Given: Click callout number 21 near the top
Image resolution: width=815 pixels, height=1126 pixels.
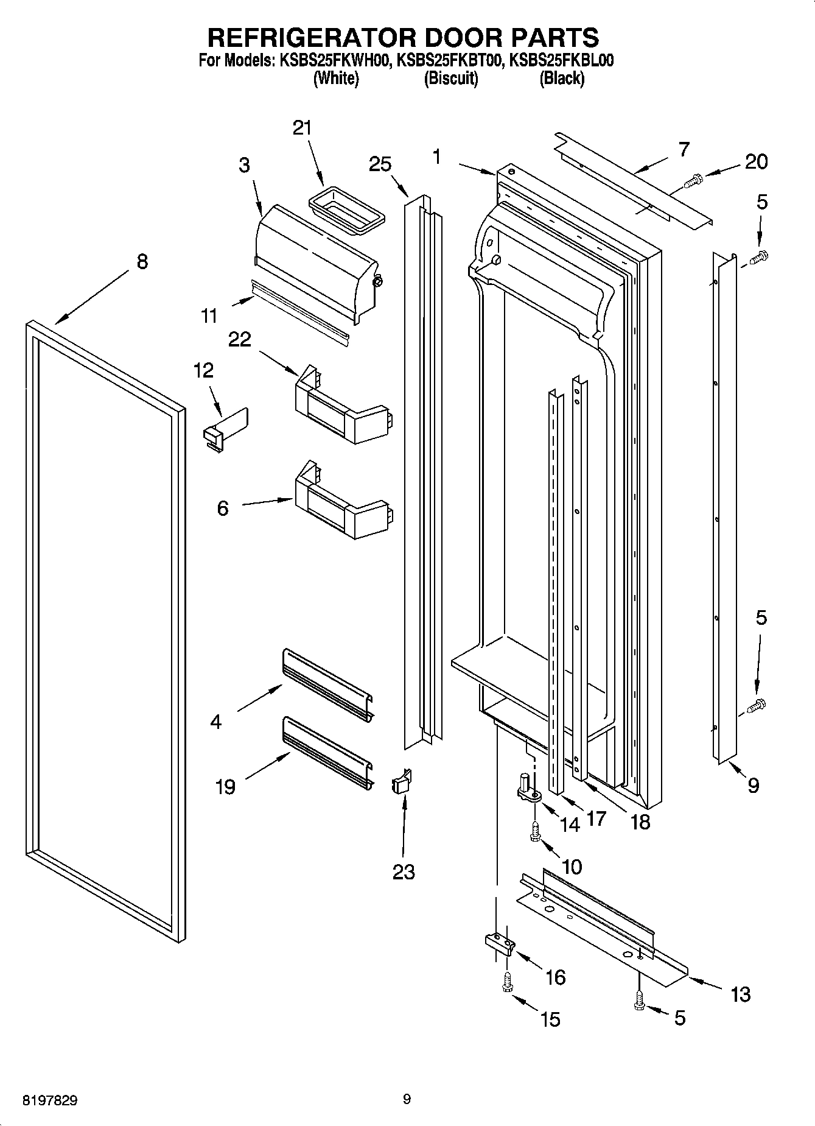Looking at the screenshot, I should [x=302, y=128].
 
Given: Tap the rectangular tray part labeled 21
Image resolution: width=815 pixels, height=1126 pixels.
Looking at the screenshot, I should [x=346, y=211].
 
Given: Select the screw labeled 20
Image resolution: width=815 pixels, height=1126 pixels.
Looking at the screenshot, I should [x=693, y=180].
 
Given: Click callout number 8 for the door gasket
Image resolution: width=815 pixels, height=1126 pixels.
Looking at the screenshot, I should [x=141, y=262].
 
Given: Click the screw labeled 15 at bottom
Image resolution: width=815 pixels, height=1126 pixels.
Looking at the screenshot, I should [x=506, y=982].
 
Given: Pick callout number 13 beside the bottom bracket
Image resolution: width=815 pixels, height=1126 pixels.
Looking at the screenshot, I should [x=740, y=994].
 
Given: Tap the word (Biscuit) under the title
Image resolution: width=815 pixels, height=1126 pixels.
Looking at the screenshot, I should [x=450, y=79].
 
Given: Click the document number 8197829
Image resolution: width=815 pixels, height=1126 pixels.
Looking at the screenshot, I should [x=50, y=1100].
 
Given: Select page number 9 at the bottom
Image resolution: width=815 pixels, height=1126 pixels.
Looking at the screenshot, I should [x=407, y=1099].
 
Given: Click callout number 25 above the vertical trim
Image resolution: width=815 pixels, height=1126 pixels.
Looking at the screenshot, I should [x=380, y=164].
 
